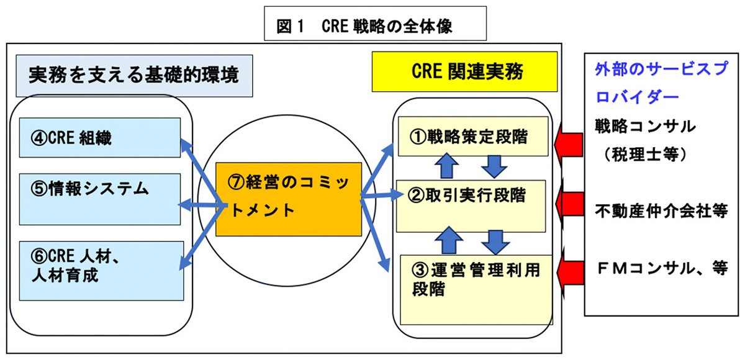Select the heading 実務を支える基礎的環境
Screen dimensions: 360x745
pos(134,75)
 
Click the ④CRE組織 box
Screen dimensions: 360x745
pos(99,138)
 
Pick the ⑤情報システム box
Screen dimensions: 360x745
pos(99,198)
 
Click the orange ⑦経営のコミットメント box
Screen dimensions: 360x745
pos(288,199)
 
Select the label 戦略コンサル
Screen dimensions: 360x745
pos(645,126)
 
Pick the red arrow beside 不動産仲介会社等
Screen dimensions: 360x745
pos(569,204)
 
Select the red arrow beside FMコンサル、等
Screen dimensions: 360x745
pos(569,269)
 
